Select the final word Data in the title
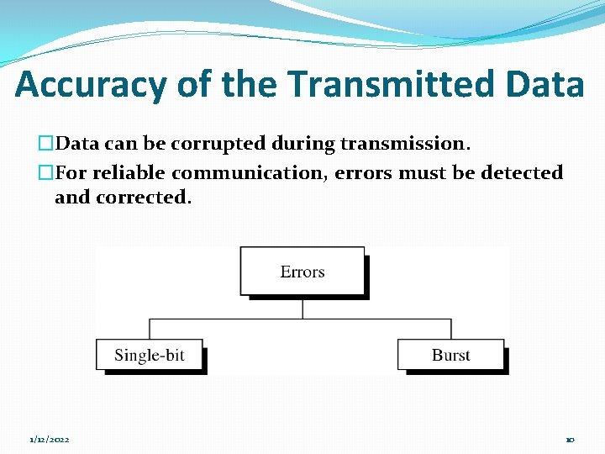click(546, 85)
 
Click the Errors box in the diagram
click(302, 271)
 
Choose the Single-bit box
click(149, 355)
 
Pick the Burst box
click(450, 355)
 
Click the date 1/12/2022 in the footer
click(50, 440)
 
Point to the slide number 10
click(570, 440)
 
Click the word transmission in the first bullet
click(404, 144)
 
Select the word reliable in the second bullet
click(129, 173)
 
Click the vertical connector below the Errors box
click(302, 308)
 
